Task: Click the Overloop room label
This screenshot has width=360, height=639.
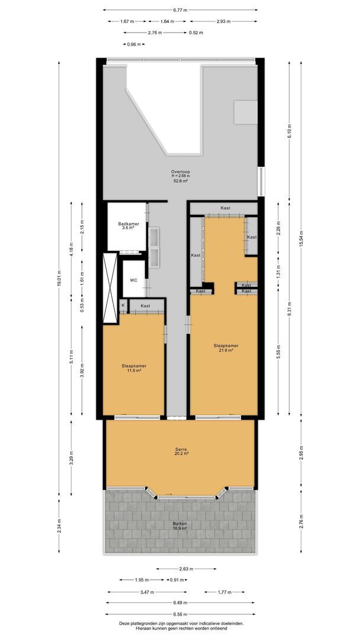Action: tap(180, 176)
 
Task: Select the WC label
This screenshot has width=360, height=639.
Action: tap(133, 280)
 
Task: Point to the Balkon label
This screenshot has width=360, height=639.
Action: tap(180, 526)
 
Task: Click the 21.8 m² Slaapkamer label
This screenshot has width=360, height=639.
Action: tap(226, 348)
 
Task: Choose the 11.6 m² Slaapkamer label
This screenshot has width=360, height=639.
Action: tap(134, 368)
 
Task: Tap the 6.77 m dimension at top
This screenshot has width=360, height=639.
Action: tap(180, 10)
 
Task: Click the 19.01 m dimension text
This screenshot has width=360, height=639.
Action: tap(59, 278)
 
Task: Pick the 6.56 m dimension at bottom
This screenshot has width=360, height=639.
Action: tap(180, 614)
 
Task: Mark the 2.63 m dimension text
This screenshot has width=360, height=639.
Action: tap(186, 569)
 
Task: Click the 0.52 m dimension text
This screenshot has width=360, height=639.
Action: tap(196, 33)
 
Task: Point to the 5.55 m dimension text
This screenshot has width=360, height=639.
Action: tap(278, 352)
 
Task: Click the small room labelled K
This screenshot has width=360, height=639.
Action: tap(123, 305)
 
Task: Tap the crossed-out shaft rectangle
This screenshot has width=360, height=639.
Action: tap(110, 288)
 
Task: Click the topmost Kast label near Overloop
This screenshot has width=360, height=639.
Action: tap(226, 208)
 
